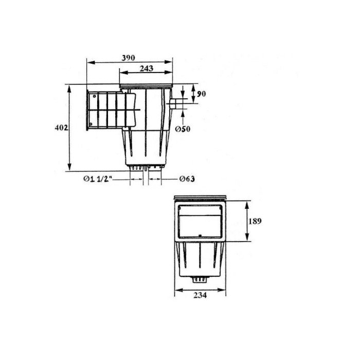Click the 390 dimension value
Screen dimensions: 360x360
tap(129, 58)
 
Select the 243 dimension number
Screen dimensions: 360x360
tap(147, 68)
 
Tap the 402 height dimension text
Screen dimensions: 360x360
tap(61, 128)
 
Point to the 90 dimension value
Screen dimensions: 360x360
tap(202, 94)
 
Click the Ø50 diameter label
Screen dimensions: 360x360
tap(183, 129)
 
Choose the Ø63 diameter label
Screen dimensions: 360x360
tap(187, 178)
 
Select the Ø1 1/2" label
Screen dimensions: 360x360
tap(98, 179)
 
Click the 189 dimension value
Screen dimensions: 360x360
tap(255, 221)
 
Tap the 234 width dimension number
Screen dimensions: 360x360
tap(200, 295)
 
